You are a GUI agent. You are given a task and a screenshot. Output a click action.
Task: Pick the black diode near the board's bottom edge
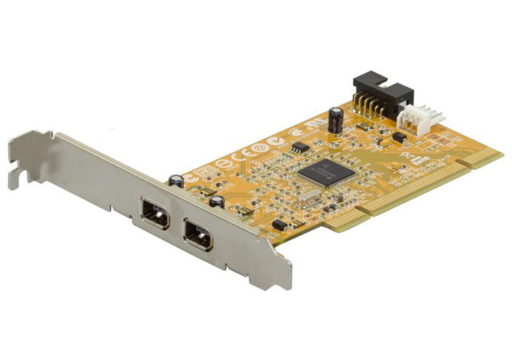[280, 225]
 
